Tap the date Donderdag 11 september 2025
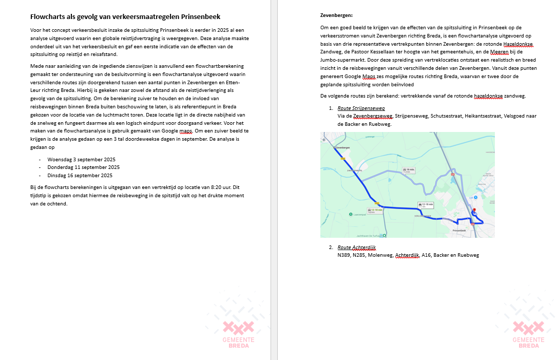(83, 167)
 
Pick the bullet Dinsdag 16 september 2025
(80, 176)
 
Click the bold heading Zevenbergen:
(336, 15)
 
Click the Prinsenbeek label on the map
(462, 231)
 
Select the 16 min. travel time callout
(410, 170)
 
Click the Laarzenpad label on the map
(359, 214)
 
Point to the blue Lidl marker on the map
(476, 197)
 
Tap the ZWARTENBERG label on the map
(354, 169)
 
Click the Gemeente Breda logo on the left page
(238, 334)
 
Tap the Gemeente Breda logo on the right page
(529, 334)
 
